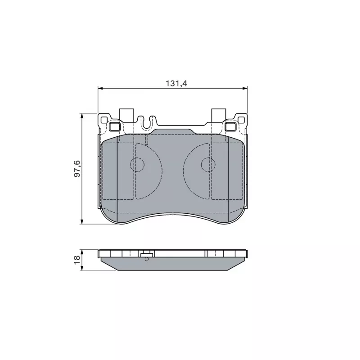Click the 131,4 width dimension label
pyautogui.click(x=176, y=83)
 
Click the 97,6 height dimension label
pyautogui.click(x=77, y=169)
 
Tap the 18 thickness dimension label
pyautogui.click(x=77, y=260)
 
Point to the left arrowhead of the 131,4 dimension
pyautogui.click(x=100, y=88)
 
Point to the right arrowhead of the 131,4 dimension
pyautogui.click(x=245, y=88)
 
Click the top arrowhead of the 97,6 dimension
pyautogui.click(x=82, y=116)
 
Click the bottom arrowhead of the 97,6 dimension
pyautogui.click(x=82, y=221)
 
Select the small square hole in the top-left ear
pyautogui.click(x=104, y=120)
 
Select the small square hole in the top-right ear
pyautogui.click(x=241, y=120)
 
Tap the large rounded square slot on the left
pyautogui.click(x=114, y=126)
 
